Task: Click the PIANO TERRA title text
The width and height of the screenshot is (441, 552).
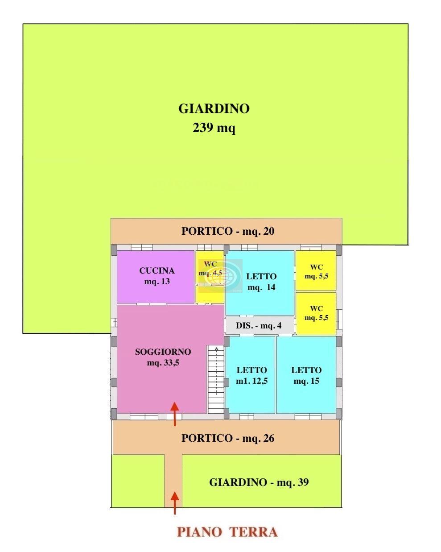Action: tap(227, 532)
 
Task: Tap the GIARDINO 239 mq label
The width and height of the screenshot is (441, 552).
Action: tap(214, 118)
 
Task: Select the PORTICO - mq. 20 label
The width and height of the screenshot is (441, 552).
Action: tap(228, 231)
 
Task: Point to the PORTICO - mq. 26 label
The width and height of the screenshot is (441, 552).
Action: tap(228, 438)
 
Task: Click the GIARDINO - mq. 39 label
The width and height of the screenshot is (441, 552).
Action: tap(259, 482)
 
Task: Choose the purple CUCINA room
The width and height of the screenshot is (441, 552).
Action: tap(155, 277)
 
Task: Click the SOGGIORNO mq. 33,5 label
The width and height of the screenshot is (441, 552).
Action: tap(163, 357)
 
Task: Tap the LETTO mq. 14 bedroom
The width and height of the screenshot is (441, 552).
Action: tap(260, 282)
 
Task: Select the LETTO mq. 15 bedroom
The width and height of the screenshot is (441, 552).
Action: tap(306, 375)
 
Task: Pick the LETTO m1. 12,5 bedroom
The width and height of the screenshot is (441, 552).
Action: tap(250, 375)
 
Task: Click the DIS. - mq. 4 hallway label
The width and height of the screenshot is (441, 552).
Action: tap(259, 326)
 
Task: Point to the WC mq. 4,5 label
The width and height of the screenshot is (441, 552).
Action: tap(210, 268)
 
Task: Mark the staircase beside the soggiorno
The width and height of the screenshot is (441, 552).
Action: tap(216, 379)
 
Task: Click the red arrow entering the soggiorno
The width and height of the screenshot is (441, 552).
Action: tap(175, 414)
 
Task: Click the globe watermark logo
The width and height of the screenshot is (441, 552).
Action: tap(223, 275)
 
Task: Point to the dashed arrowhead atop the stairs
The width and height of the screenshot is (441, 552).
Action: tap(216, 349)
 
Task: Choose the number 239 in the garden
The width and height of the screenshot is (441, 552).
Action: tap(202, 128)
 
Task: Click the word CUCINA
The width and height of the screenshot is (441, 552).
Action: tap(157, 270)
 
